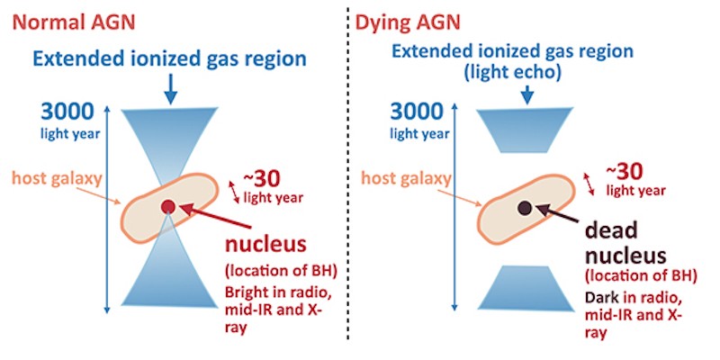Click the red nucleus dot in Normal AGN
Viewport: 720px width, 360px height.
click(167, 207)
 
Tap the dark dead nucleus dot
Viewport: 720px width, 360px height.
click(525, 208)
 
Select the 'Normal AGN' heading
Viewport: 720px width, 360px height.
click(74, 23)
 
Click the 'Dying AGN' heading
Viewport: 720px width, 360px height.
click(408, 23)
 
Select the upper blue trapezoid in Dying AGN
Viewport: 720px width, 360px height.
click(525, 130)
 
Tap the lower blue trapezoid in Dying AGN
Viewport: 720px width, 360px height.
click(526, 287)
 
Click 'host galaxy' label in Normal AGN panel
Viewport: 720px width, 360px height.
click(57, 179)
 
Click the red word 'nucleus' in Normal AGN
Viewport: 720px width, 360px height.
click(265, 245)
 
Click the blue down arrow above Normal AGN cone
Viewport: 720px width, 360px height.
click(170, 89)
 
